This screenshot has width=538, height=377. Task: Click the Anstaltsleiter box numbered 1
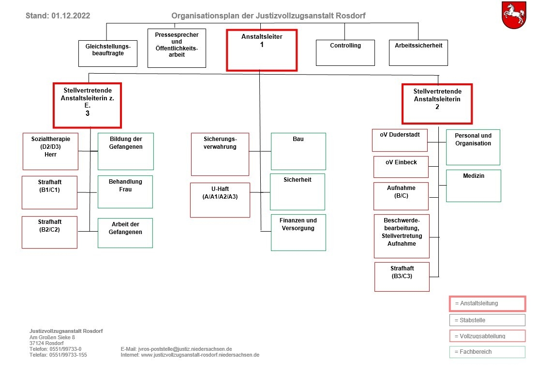point(261,50)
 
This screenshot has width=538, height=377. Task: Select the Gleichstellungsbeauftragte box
point(108,54)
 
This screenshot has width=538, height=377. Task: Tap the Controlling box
point(345,53)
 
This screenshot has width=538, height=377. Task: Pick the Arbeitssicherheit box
point(418,53)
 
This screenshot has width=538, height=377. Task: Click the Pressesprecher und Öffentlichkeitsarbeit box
point(177,48)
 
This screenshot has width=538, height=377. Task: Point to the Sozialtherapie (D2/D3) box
point(50,151)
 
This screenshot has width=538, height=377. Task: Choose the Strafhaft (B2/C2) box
point(49,232)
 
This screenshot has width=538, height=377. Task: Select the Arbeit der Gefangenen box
point(125,233)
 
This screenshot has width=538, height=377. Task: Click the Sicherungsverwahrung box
point(220,154)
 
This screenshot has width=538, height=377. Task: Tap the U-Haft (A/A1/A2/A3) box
point(220,200)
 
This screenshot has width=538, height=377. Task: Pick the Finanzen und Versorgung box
point(298,233)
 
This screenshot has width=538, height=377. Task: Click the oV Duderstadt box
point(400,140)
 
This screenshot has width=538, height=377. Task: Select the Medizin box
point(474,186)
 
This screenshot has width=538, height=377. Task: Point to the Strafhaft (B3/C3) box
point(402,277)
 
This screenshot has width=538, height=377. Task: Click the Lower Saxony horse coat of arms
point(514,15)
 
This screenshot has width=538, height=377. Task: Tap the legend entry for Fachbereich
point(487,352)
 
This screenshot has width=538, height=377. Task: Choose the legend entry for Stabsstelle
point(487,320)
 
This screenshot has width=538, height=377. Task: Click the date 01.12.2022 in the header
point(71,16)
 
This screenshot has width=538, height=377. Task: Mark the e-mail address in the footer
point(185,349)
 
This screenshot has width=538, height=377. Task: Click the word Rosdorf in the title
point(351,16)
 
